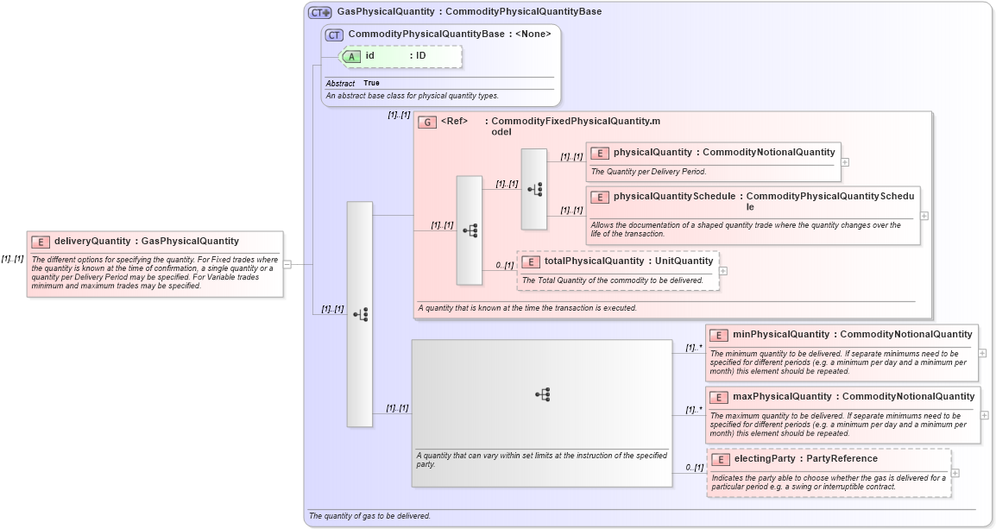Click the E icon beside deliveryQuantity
pyautogui.click(x=41, y=242)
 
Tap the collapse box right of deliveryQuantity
pyautogui.click(x=287, y=265)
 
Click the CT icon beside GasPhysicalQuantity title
pyautogui.click(x=319, y=13)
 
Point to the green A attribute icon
pyautogui.click(x=351, y=57)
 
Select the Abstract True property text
pyautogui.click(x=352, y=83)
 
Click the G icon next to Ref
pyautogui.click(x=427, y=123)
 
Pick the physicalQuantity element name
pyautogui.click(x=653, y=153)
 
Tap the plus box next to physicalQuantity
pyautogui.click(x=845, y=161)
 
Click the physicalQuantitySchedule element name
pyautogui.click(x=674, y=197)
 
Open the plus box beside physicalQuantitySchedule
pyautogui.click(x=924, y=216)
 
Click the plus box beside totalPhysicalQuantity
pyautogui.click(x=723, y=271)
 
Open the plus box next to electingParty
pyautogui.click(x=955, y=473)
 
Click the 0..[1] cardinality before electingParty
pyautogui.click(x=694, y=467)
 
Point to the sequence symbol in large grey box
pyautogui.click(x=542, y=394)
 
